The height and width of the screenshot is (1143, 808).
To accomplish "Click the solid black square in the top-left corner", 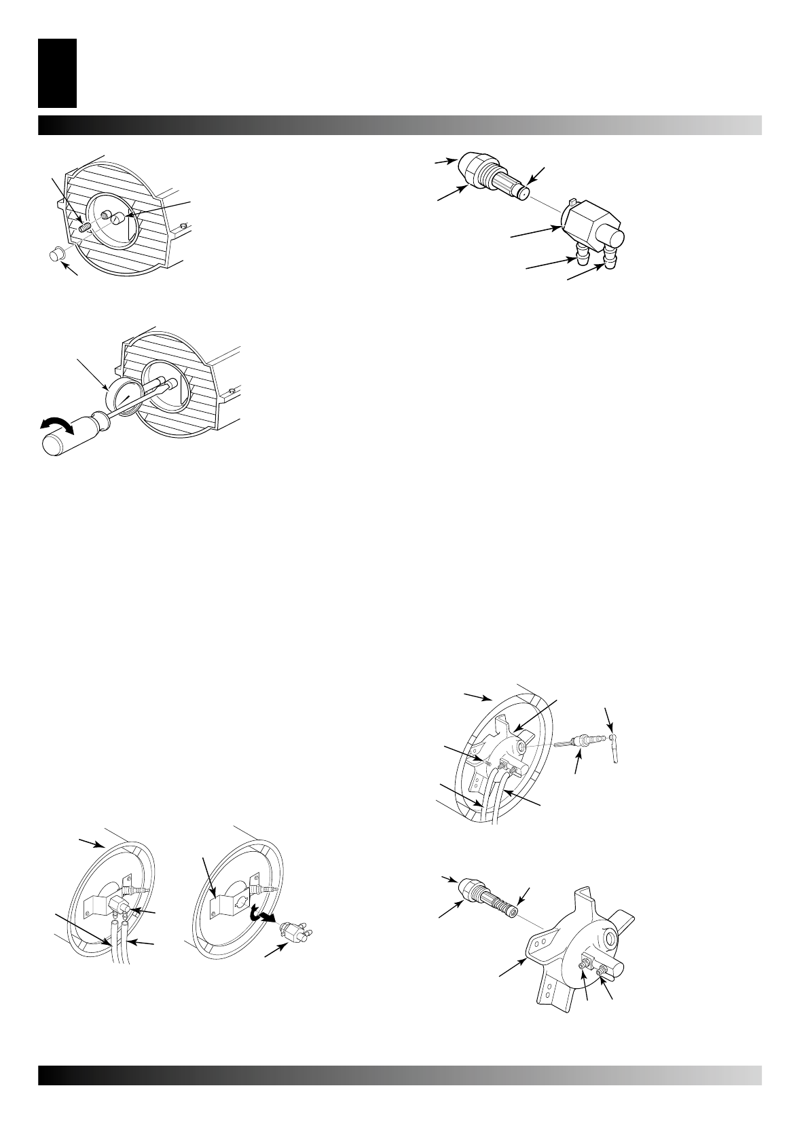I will (57, 73).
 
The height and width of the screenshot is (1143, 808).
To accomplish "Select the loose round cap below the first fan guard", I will (56, 256).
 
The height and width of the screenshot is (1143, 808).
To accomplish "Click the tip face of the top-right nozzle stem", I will (524, 193).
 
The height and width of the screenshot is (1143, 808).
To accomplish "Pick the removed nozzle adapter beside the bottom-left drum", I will (296, 934).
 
